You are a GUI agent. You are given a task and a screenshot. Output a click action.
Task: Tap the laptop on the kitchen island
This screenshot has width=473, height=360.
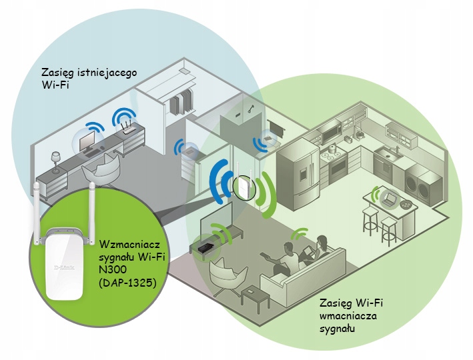390,197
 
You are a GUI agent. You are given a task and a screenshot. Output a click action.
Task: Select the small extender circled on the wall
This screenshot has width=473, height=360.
242,187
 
